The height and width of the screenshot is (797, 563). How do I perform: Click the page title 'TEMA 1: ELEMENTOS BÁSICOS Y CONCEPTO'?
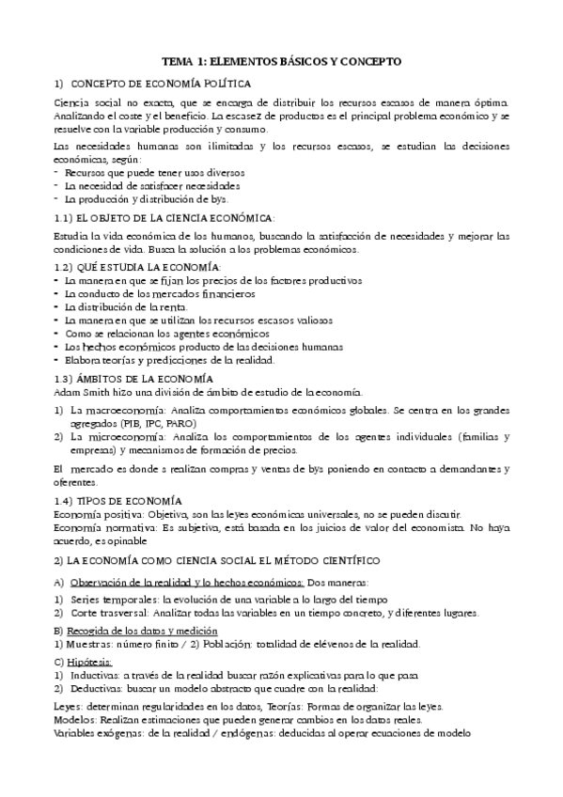[x=281, y=60]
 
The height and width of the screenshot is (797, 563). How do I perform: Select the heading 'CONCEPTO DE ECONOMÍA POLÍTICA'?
[x=148, y=83]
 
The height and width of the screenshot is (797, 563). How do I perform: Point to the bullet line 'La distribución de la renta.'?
[x=126, y=306]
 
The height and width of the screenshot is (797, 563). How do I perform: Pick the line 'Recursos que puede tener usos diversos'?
[x=140, y=173]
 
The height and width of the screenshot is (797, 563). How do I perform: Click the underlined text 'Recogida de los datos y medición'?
[x=141, y=630]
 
